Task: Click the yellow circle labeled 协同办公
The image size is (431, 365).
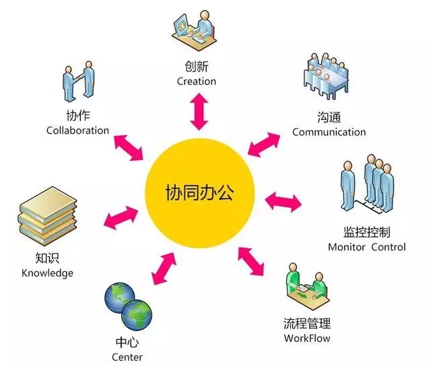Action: click(x=200, y=193)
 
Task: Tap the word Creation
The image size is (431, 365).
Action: click(x=197, y=81)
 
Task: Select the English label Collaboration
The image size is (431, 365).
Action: click(x=78, y=130)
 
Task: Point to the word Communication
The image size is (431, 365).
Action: click(x=329, y=132)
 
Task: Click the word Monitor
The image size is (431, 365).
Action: click(x=347, y=247)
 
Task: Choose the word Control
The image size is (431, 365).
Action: click(x=389, y=247)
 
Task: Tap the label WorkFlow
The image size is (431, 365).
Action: click(x=307, y=338)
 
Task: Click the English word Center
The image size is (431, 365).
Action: click(x=127, y=358)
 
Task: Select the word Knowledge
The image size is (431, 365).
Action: click(x=47, y=273)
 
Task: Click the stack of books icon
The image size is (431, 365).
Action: click(x=47, y=217)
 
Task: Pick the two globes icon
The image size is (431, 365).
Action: click(x=128, y=306)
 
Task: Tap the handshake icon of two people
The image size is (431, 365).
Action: click(x=79, y=81)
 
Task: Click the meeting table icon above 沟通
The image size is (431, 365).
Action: click(x=326, y=76)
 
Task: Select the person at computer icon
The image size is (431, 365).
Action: click(x=194, y=30)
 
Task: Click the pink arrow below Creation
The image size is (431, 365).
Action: click(x=199, y=111)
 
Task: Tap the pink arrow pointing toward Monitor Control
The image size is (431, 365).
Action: click(x=283, y=201)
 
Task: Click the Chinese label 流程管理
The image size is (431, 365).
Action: click(x=307, y=323)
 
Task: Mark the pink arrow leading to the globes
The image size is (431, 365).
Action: click(x=164, y=268)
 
